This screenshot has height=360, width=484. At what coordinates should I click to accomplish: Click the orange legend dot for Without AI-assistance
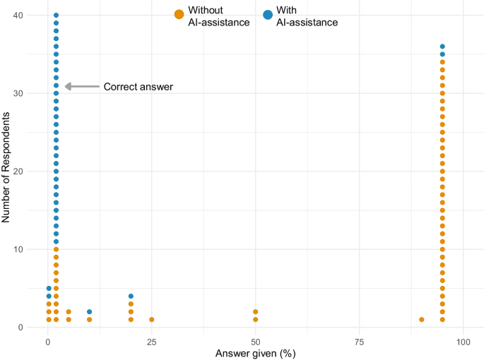click(x=179, y=14)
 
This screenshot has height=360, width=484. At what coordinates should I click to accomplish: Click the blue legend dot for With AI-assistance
click(x=268, y=14)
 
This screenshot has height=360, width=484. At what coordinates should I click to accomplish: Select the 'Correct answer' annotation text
click(x=138, y=87)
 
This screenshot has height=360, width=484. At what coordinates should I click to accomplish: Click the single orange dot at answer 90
click(x=422, y=320)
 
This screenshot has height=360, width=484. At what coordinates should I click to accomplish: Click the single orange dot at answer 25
click(x=152, y=320)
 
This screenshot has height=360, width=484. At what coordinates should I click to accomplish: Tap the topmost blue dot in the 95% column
click(x=442, y=47)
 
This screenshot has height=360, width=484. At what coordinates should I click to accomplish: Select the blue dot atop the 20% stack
click(x=131, y=296)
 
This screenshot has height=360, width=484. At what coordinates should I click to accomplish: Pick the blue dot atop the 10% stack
click(x=89, y=312)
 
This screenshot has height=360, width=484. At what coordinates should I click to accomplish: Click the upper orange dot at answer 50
click(x=256, y=312)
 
